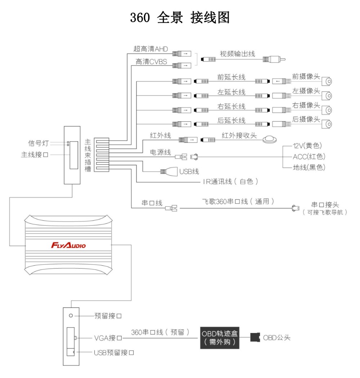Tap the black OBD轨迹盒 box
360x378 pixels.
[x=220, y=338]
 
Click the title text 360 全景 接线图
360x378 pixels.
[x=180, y=17]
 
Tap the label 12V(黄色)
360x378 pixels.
[x=307, y=146]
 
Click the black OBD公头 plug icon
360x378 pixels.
[x=255, y=337]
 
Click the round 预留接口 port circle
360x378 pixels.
[x=71, y=316]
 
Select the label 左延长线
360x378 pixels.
[x=231, y=92]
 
